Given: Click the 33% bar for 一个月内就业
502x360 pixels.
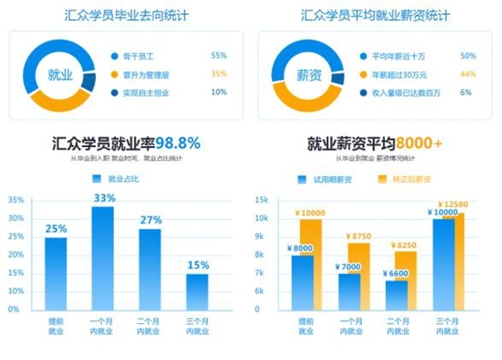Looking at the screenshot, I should (x=103, y=260).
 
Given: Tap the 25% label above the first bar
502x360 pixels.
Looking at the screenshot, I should (x=56, y=229).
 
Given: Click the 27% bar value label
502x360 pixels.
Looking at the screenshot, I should (x=151, y=220).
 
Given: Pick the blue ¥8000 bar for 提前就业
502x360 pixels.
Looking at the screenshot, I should (x=300, y=282).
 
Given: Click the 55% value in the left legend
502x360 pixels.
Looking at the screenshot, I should (x=218, y=55).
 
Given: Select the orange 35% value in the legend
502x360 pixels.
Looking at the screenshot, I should (x=218, y=74).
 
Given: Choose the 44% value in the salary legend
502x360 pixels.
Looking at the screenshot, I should (x=468, y=74).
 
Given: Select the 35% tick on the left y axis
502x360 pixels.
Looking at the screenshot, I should (x=15, y=201).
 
